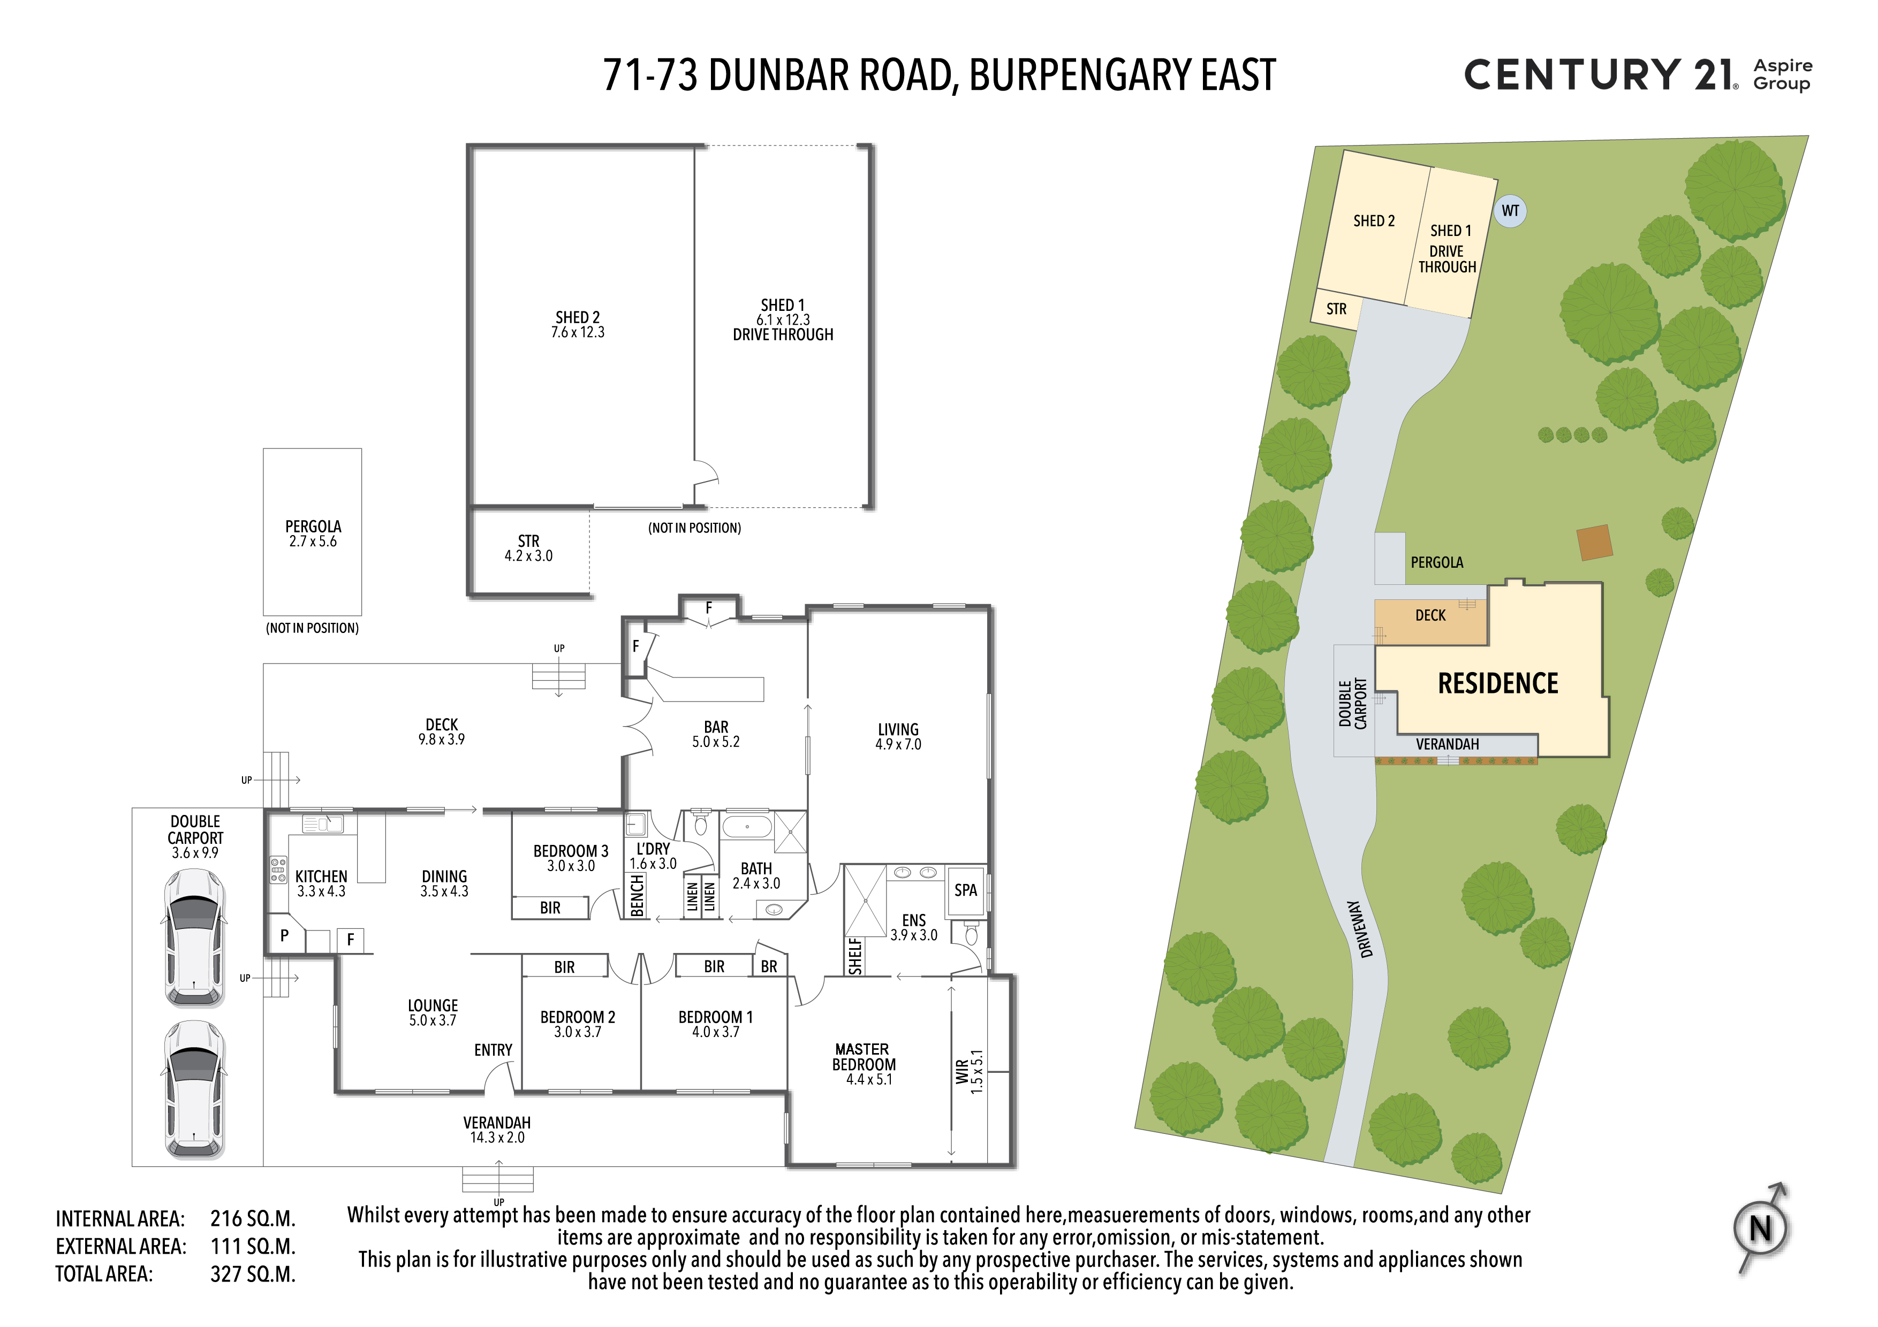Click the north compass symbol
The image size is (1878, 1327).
coord(1760,1228)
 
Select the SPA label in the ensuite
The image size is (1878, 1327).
coord(965,890)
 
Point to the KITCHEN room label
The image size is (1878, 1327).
coord(321,876)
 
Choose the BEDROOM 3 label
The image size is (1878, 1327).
coord(571,851)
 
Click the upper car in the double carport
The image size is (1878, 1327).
coord(195,938)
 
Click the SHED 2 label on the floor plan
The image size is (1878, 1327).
coord(578,317)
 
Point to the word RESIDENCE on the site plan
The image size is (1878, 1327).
coord(1498,683)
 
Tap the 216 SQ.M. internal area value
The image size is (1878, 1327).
coord(253,1219)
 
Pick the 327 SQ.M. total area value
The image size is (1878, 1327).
coord(253,1275)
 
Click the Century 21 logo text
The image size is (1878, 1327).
coord(1601,75)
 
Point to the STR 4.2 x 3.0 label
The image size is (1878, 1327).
coord(528,548)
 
